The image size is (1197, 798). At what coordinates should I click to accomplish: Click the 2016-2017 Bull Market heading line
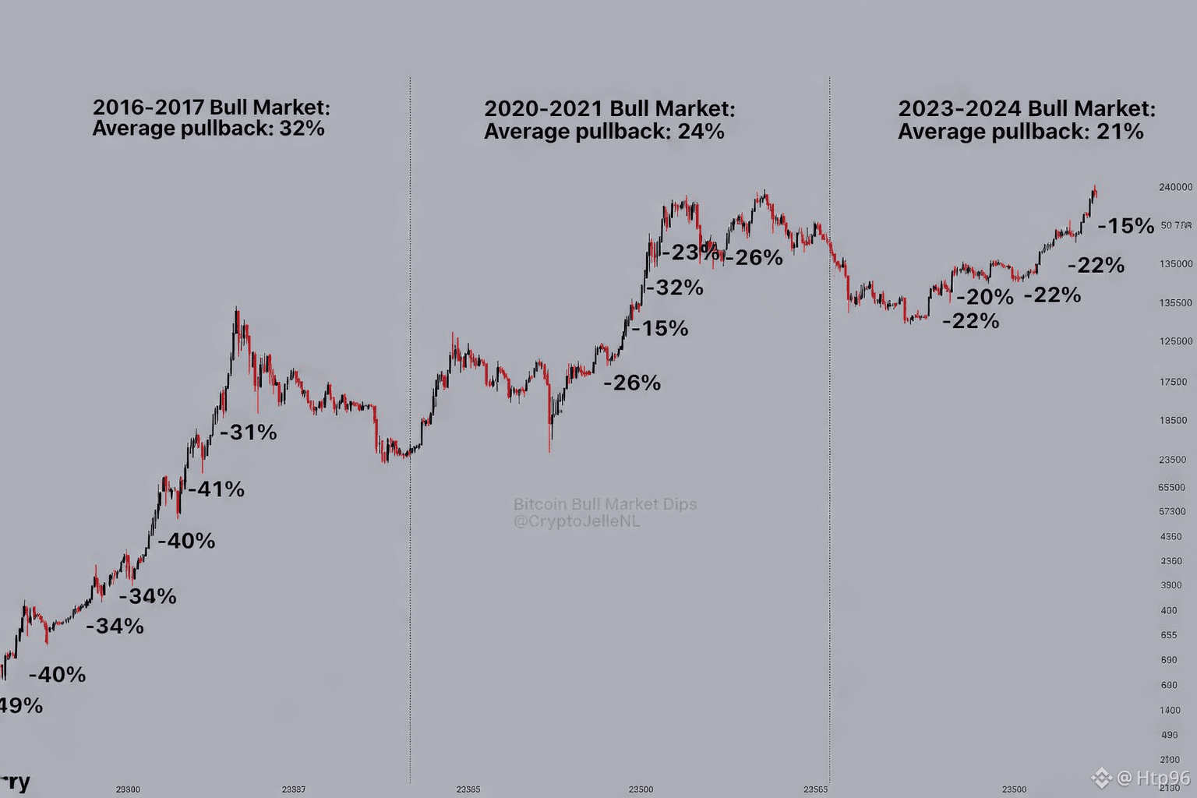coord(211,107)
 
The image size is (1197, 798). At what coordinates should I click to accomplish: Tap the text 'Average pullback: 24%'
coord(604,131)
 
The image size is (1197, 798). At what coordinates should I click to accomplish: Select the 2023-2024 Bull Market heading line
coord(1026,108)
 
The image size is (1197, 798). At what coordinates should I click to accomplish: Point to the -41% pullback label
coord(217,489)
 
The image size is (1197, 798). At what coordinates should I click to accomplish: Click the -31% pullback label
coord(249,432)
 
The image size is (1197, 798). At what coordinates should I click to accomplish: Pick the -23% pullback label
coord(690,252)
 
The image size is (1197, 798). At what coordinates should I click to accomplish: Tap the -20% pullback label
coord(985,297)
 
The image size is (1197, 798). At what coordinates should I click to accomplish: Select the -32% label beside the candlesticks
coord(675,288)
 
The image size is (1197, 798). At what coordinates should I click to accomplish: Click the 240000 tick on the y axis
coord(1175,187)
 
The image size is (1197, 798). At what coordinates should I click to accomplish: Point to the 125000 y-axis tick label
coord(1175,341)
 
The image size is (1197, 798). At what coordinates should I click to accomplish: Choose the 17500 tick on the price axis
coord(1173,382)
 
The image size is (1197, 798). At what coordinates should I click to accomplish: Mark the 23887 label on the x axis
coord(293,789)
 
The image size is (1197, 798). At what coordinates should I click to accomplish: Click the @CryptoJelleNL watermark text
coord(576,521)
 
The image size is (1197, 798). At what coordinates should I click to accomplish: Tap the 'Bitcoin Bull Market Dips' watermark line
coord(605,504)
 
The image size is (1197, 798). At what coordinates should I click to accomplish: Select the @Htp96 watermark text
coord(1153,778)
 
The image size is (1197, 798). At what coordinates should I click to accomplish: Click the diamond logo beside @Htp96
coord(1101,778)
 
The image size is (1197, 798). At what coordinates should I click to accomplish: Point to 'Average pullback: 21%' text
coord(1020,131)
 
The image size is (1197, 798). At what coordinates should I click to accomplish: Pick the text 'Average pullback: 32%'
coord(208,128)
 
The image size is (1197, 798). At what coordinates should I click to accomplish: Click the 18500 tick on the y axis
coord(1173,420)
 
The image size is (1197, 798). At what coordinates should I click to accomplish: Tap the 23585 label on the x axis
coord(468,789)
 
